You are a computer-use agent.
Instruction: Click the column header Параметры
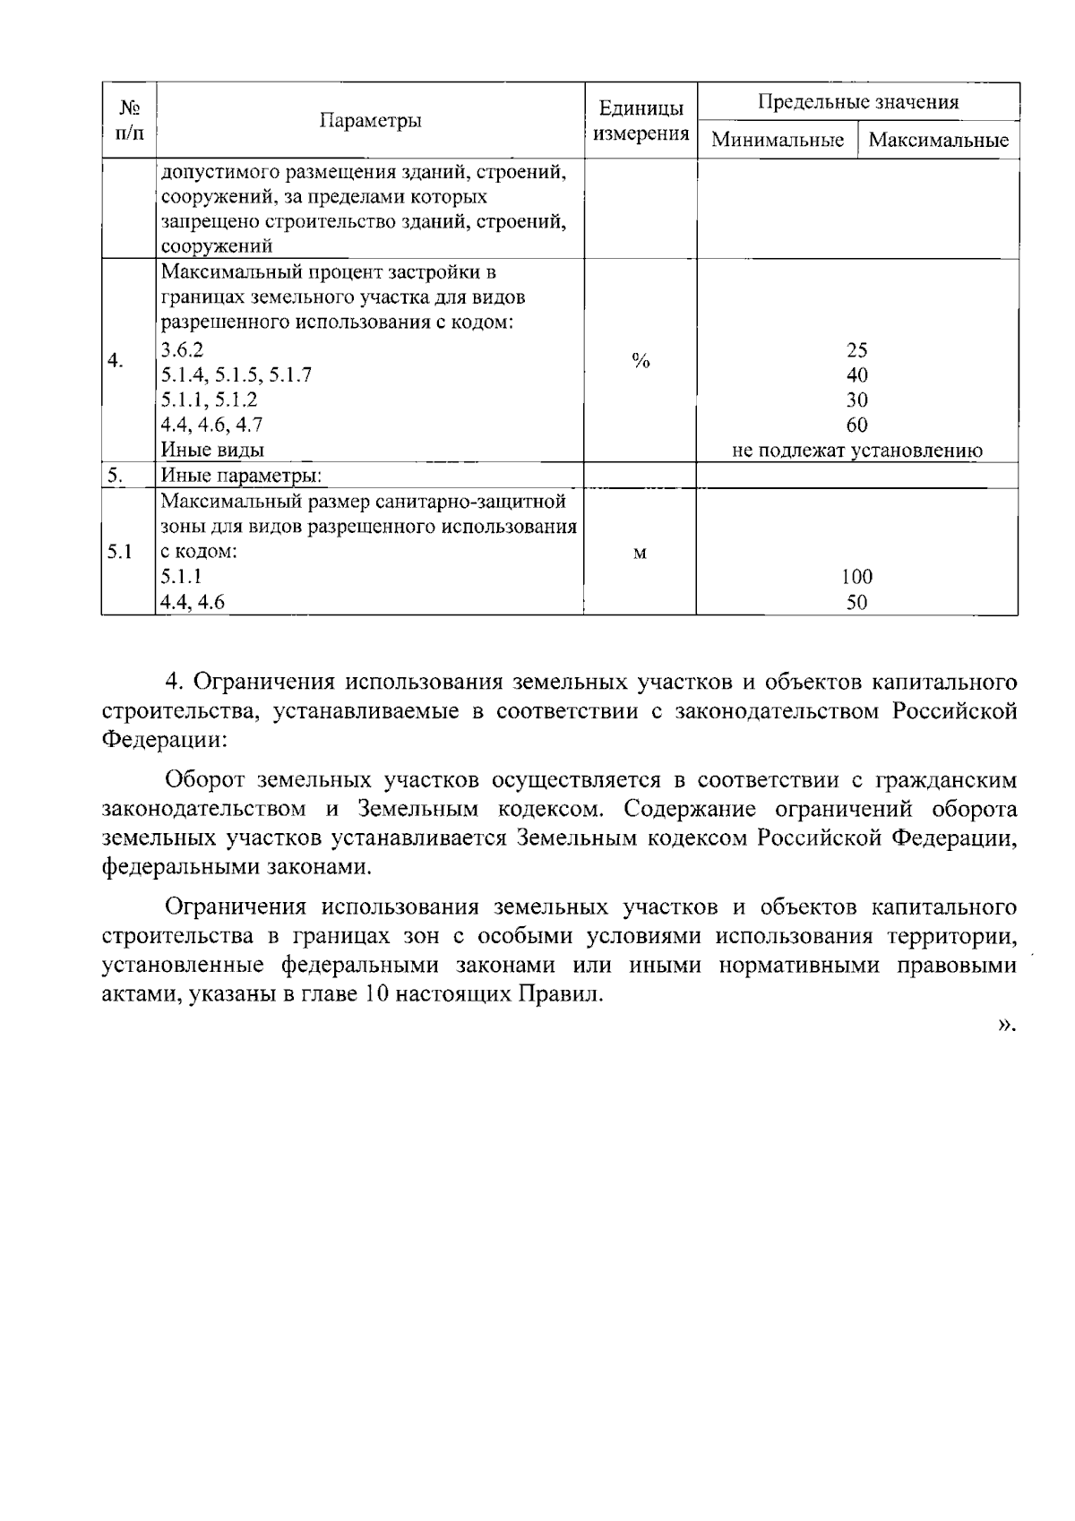371,121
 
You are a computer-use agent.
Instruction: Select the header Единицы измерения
641,121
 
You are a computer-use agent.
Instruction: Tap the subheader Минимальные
778,141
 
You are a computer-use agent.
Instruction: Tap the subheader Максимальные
938,141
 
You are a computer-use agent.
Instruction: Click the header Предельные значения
857,102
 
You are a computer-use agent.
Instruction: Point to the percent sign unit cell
640,361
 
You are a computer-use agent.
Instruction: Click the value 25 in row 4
857,350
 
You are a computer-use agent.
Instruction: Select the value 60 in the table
857,425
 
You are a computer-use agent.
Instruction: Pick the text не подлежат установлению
857,451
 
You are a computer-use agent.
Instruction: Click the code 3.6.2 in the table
182,350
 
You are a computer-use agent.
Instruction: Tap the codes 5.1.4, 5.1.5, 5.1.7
236,375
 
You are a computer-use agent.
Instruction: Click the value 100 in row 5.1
857,577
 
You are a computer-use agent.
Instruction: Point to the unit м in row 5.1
640,553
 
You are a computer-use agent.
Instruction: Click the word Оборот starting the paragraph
206,780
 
